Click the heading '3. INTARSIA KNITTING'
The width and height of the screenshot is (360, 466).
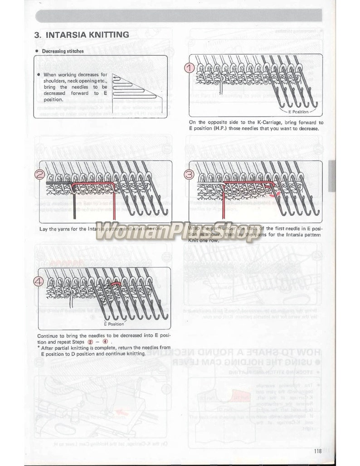click(x=82, y=34)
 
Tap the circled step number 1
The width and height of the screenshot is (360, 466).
click(x=190, y=68)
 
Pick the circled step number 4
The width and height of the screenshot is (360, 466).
click(x=40, y=281)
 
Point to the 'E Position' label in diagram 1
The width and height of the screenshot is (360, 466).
click(x=298, y=112)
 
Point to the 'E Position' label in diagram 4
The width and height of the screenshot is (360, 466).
click(x=114, y=324)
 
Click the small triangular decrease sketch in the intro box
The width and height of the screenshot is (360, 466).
click(x=135, y=86)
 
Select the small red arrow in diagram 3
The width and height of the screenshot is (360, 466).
click(x=273, y=196)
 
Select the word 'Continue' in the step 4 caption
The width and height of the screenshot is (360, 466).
click(x=48, y=336)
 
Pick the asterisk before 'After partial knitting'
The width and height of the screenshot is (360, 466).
click(x=39, y=347)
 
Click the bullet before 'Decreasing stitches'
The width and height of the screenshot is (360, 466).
click(x=36, y=51)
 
